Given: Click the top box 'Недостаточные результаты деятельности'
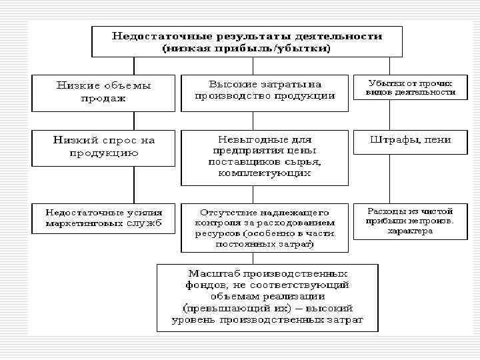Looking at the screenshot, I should [x=246, y=41].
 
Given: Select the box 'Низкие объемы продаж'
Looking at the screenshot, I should [x=103, y=92].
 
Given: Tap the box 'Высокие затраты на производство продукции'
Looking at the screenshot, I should [x=265, y=92].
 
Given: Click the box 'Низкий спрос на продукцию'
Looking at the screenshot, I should [x=103, y=147].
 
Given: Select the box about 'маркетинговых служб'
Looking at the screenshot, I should [x=103, y=218].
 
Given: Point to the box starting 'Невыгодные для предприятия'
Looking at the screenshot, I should [x=265, y=157].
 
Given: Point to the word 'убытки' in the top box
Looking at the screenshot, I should [x=306, y=49].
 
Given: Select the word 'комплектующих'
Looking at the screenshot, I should [x=265, y=173].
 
